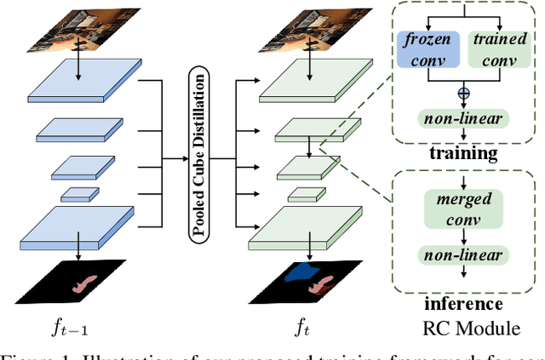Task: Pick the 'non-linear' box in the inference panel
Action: point(464,255)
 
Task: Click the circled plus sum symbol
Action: point(464,92)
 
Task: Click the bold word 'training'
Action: point(464,153)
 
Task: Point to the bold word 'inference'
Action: point(464,303)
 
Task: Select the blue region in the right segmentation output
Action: point(302,272)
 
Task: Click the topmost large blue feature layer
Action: point(78,84)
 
